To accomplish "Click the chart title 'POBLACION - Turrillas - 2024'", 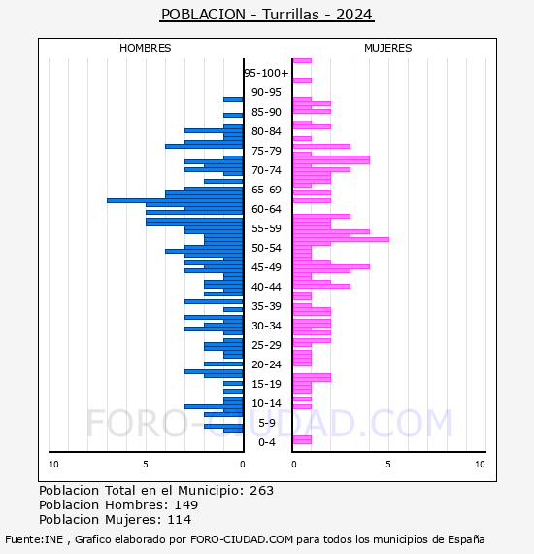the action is pos(266,15).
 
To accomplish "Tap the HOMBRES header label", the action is pos(145,48).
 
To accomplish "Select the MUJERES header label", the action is pos(388,48).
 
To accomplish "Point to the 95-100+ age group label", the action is pos(266,73).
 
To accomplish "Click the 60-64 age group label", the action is pos(266,209).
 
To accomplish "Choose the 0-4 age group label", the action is pos(266,442).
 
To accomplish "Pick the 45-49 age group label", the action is pos(266,267).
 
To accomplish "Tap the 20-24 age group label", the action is pos(266,364).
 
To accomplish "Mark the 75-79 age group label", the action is pos(266,151).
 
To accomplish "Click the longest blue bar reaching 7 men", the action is pos(175,200).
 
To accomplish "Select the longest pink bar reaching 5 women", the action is pos(341,239).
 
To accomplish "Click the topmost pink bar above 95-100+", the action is pos(302,61).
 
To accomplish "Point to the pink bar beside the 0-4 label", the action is pos(302,440).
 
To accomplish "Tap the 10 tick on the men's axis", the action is pos(53,465).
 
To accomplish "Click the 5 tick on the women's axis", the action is pos(388,465).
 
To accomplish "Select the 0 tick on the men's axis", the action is pos(242,465).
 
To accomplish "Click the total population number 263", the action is pos(261,491).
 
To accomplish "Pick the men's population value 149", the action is pos(186,504).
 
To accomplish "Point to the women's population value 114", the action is pos(180,519).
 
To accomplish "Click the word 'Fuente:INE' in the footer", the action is pos(34,539).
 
